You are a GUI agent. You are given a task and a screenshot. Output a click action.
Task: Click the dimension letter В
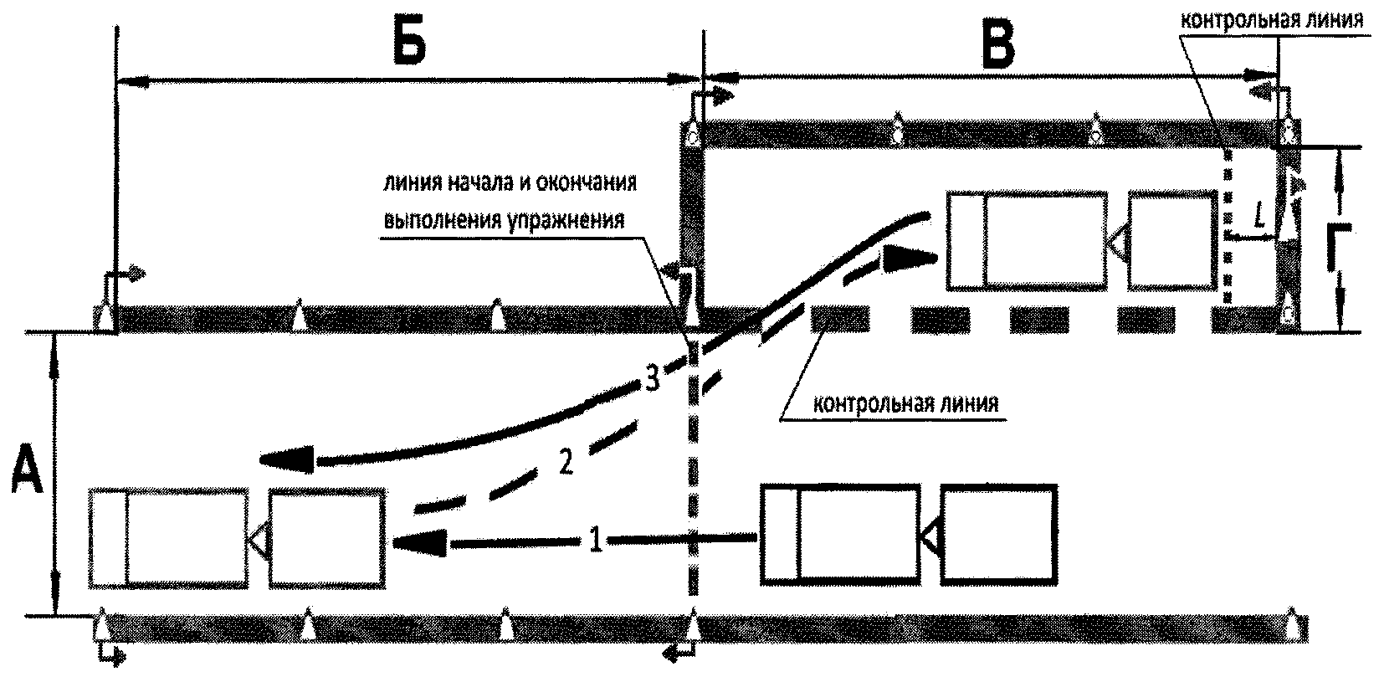coord(998,48)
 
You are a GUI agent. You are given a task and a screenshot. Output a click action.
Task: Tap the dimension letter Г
coord(1340,247)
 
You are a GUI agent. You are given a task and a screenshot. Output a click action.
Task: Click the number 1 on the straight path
coord(596,539)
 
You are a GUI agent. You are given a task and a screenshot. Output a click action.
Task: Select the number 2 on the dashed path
coord(566,461)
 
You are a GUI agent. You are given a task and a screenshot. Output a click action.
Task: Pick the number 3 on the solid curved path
coord(653,378)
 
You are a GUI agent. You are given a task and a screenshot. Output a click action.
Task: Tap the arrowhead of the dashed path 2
coord(908,259)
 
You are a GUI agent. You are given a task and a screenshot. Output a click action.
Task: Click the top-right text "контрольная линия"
coord(1272,20)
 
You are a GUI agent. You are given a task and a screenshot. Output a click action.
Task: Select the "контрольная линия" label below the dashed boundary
coord(905,403)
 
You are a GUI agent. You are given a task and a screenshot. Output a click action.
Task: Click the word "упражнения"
coord(566,220)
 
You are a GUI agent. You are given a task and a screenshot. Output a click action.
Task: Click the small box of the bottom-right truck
coord(998,535)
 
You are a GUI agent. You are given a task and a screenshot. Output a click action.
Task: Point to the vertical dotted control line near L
coord(1228,228)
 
